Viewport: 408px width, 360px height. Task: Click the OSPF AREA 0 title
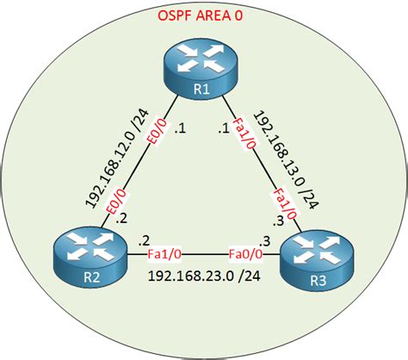pos(204,16)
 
